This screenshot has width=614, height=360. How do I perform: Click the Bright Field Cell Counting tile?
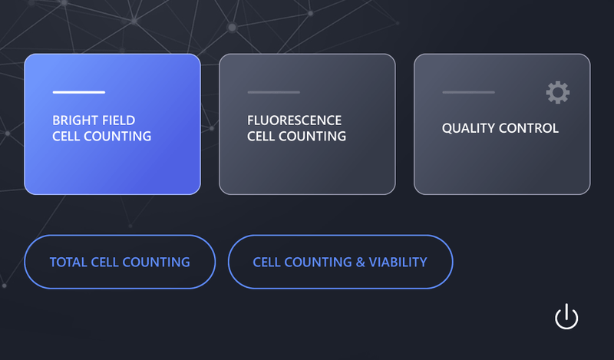(x=112, y=124)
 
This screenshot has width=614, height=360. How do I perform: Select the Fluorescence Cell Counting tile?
(x=308, y=124)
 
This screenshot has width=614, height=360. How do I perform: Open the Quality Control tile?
(x=502, y=124)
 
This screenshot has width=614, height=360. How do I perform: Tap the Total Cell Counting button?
(x=120, y=262)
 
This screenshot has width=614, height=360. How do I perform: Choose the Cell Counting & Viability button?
(x=340, y=262)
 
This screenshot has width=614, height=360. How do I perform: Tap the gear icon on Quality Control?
(x=558, y=92)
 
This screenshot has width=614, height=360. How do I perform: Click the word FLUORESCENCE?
(x=295, y=121)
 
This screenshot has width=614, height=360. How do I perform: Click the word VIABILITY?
(x=398, y=262)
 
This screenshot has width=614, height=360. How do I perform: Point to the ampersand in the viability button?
(x=360, y=262)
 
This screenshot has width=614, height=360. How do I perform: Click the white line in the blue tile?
(x=79, y=92)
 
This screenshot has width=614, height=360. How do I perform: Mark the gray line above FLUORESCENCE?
(x=274, y=92)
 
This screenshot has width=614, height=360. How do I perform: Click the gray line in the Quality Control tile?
(x=469, y=92)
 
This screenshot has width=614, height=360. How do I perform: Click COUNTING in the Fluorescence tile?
(x=312, y=137)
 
